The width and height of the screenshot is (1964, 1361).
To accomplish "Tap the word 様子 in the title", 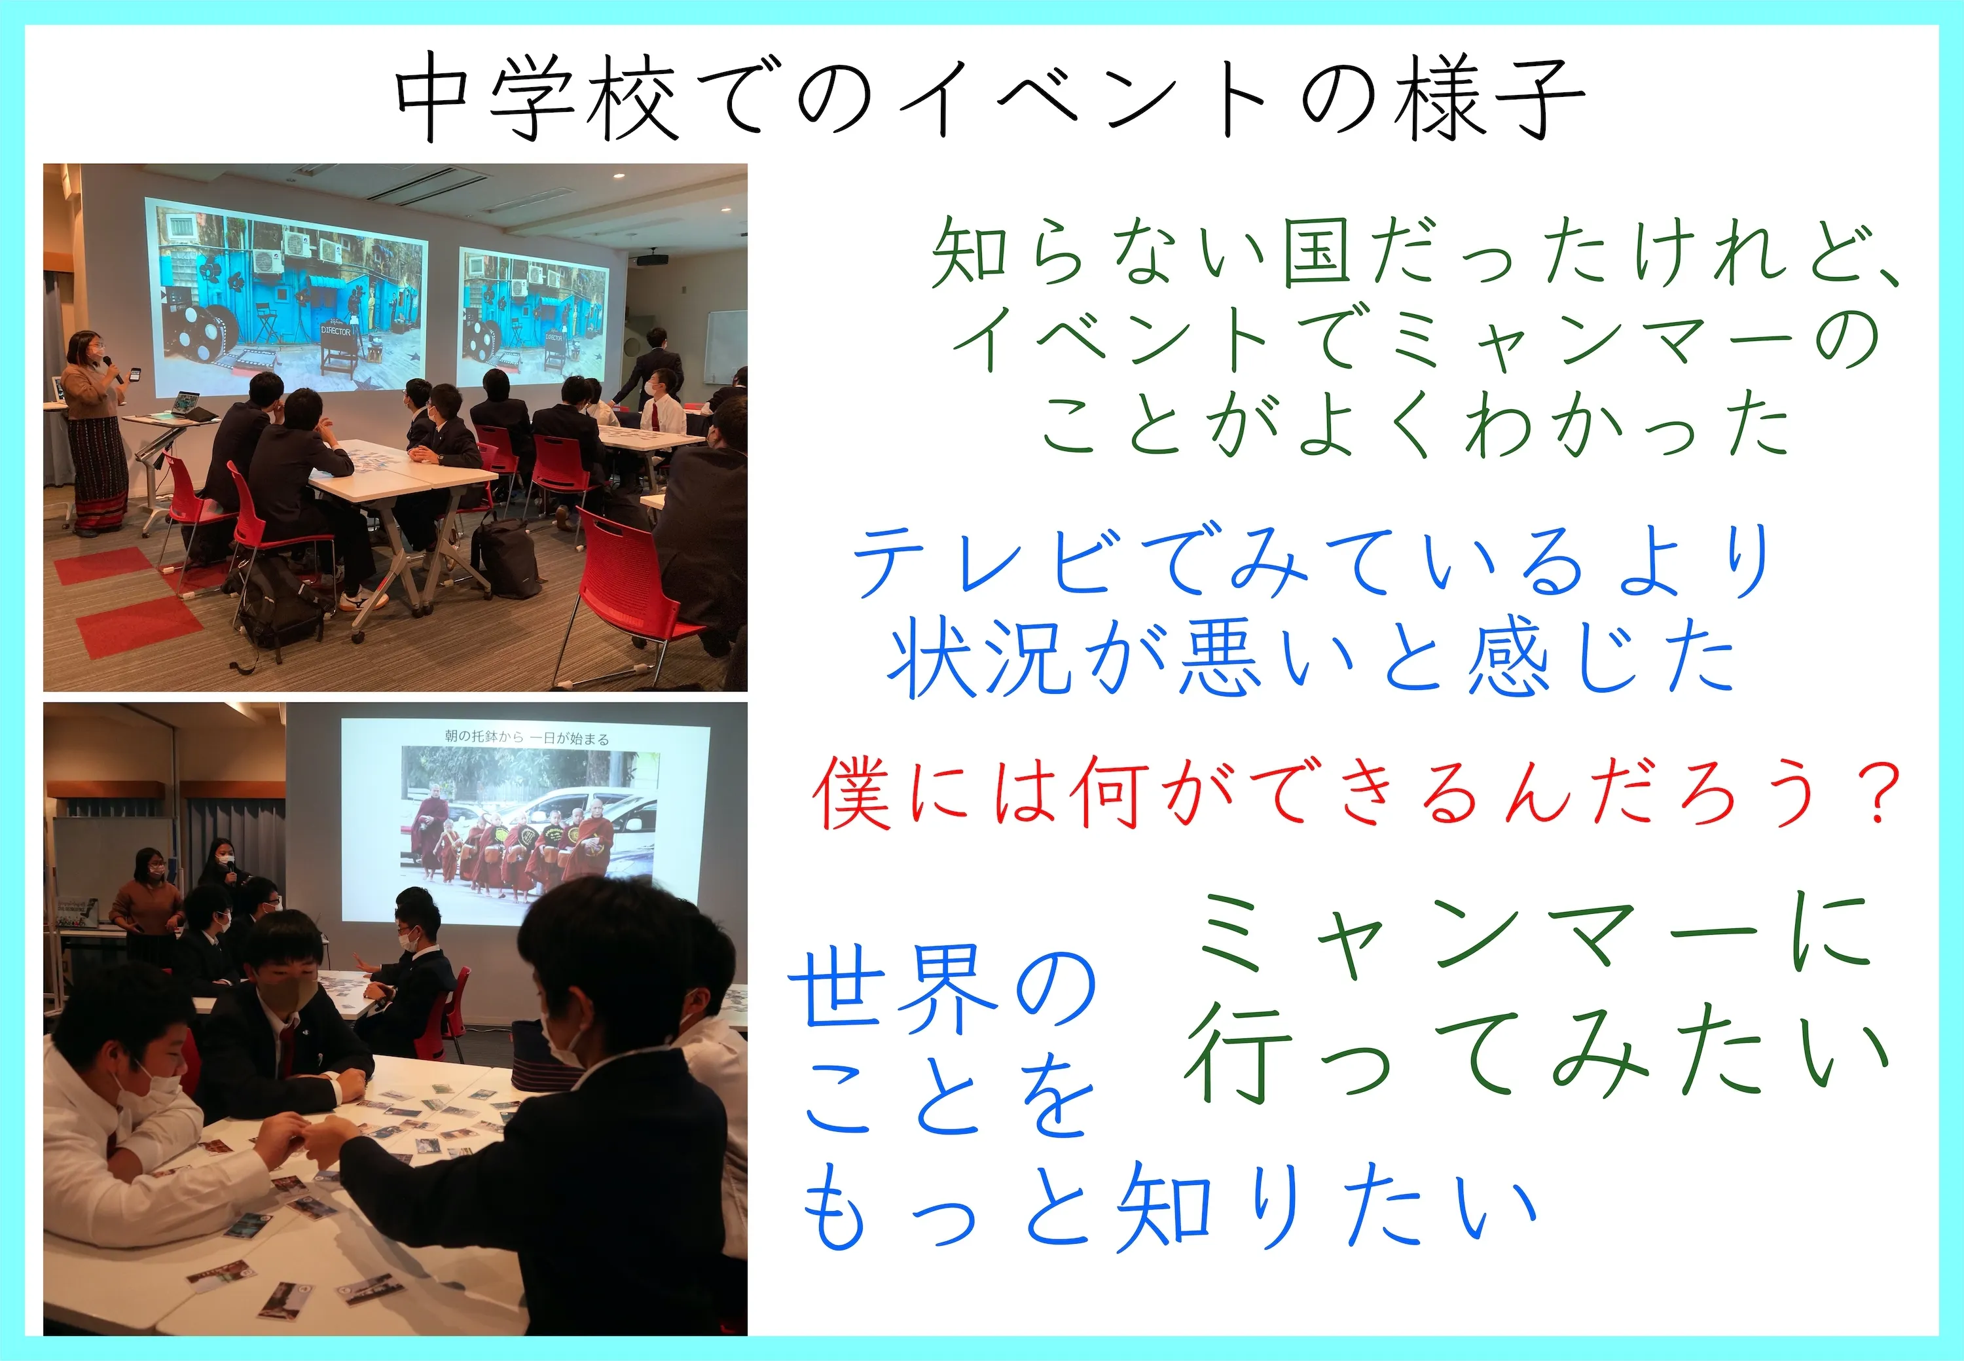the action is (1488, 98).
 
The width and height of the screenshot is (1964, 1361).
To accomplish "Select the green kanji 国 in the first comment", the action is (1318, 251).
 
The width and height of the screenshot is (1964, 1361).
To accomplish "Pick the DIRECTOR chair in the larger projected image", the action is (338, 349).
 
